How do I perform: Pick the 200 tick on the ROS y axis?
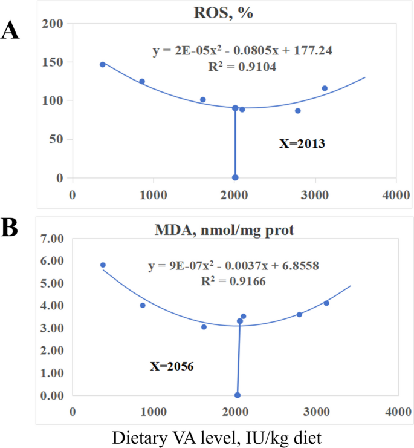56,24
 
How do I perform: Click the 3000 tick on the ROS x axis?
315,195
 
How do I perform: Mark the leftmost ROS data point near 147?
103,64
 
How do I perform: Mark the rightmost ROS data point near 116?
325,88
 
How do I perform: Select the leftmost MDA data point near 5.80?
103,265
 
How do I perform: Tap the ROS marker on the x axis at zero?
235,177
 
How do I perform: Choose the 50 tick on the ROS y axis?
59,139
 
